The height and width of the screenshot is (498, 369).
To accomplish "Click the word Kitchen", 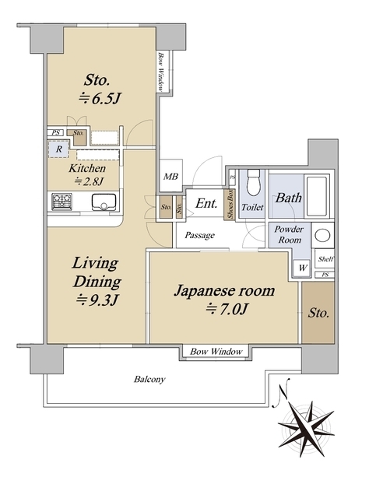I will click(82, 168).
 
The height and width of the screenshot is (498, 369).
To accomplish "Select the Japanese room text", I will click(223, 292).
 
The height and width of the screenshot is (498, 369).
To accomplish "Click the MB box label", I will click(170, 177).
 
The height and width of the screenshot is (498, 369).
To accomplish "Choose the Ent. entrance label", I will click(206, 205).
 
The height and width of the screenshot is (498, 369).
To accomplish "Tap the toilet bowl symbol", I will click(251, 187).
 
